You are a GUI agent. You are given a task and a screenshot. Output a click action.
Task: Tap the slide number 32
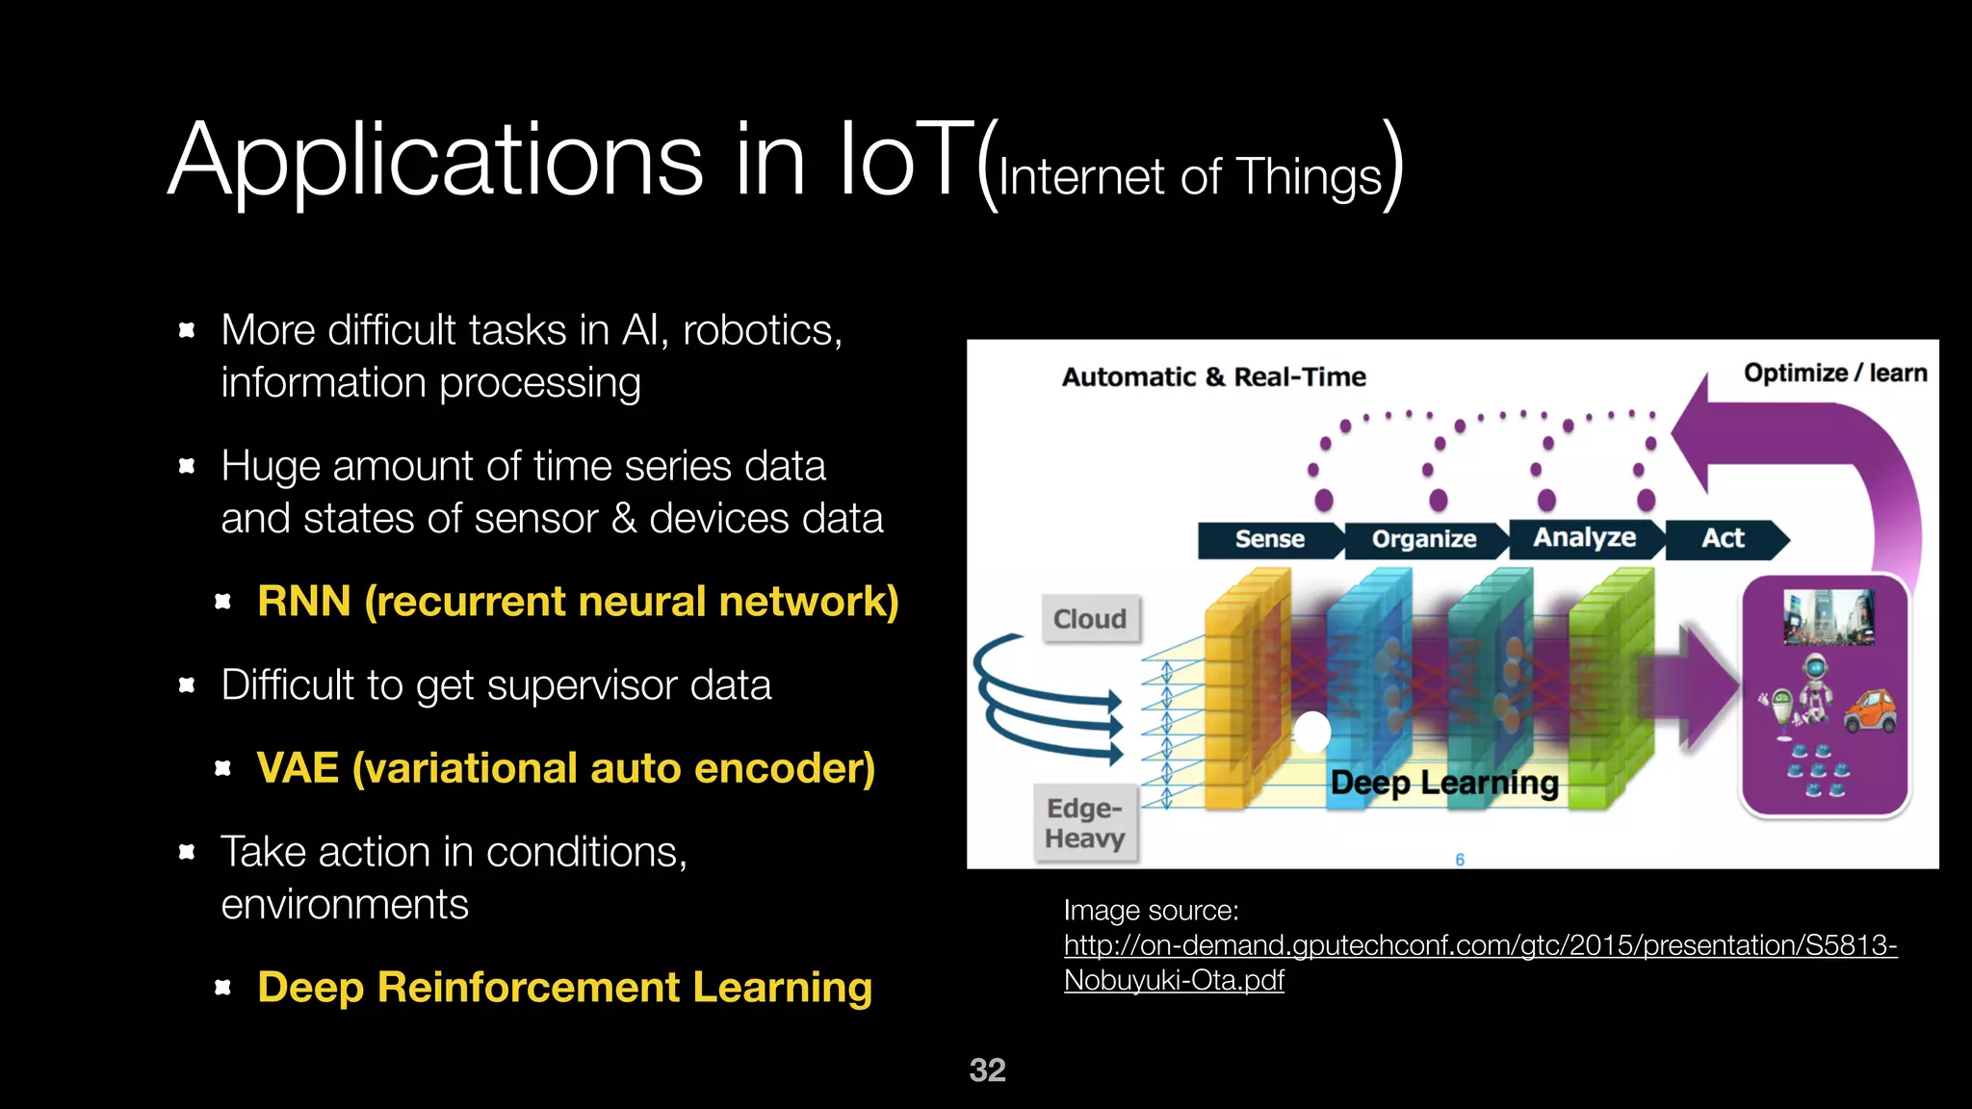pyautogui.click(x=987, y=1070)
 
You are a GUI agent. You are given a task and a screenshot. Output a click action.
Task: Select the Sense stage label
pyautogui.click(x=1269, y=539)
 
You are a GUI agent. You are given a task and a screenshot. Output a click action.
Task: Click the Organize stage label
pyautogui.click(x=1423, y=539)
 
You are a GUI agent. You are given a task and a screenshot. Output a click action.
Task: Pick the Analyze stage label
pyautogui.click(x=1584, y=537)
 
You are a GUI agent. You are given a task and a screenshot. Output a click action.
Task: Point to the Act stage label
pyautogui.click(x=1723, y=538)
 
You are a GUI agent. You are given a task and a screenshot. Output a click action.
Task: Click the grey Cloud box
pyautogui.click(x=1090, y=618)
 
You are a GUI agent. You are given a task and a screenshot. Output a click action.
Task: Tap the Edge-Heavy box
pyautogui.click(x=1084, y=823)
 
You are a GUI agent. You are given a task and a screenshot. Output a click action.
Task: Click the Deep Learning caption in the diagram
pyautogui.click(x=1443, y=783)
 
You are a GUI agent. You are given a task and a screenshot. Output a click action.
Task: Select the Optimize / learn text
pyautogui.click(x=1834, y=373)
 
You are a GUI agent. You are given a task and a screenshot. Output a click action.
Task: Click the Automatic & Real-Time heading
pyautogui.click(x=1213, y=376)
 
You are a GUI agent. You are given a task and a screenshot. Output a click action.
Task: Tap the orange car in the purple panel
pyautogui.click(x=1869, y=711)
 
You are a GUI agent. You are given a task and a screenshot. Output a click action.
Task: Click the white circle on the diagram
pyautogui.click(x=1312, y=732)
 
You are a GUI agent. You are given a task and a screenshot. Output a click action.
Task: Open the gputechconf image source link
pyautogui.click(x=1479, y=946)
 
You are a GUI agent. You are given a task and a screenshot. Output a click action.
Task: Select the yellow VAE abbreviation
pyautogui.click(x=298, y=768)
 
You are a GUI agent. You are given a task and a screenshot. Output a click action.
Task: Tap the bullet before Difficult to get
pyautogui.click(x=187, y=685)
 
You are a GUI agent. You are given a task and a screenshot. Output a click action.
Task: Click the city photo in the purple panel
pyautogui.click(x=1828, y=616)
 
